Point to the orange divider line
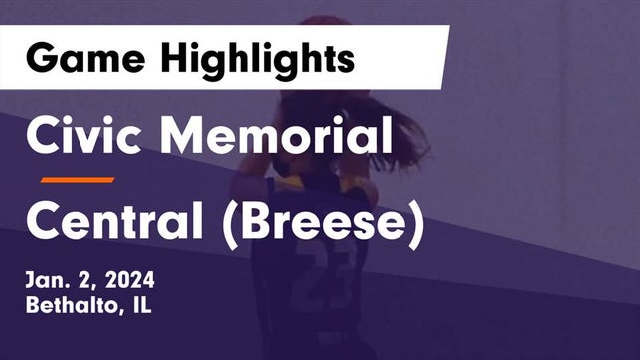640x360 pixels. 78,180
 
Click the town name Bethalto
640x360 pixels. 67,306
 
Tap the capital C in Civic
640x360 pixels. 44,135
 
